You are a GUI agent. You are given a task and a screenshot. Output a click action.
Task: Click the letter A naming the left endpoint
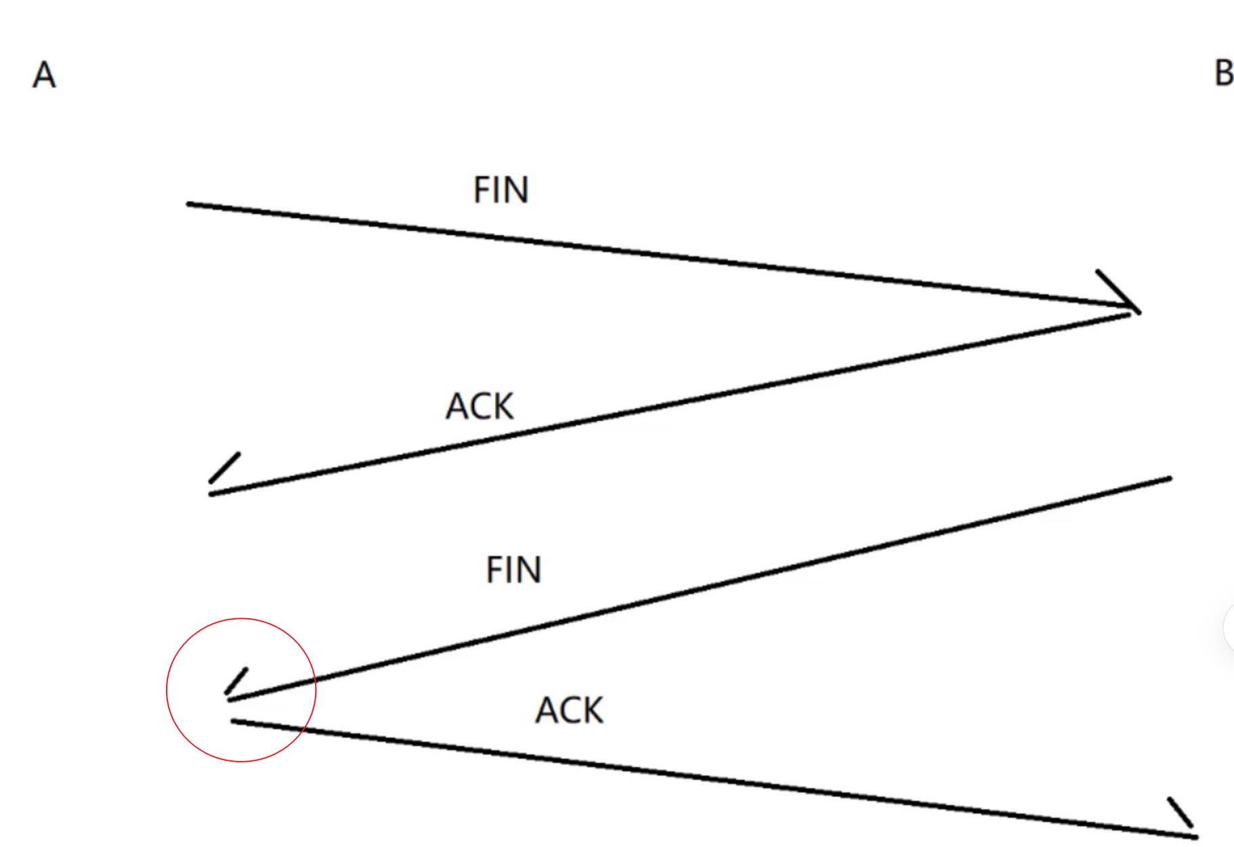coord(44,74)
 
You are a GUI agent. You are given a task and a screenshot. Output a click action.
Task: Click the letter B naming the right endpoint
coord(1223,73)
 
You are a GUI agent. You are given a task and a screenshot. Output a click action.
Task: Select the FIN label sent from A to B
coord(501,190)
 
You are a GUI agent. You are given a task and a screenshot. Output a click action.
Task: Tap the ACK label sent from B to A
coord(480,406)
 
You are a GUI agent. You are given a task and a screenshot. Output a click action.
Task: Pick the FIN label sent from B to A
coord(513,569)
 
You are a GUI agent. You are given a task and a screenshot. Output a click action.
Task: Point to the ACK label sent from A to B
coord(569,710)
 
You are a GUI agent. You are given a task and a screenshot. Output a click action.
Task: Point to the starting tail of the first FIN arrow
coord(190,204)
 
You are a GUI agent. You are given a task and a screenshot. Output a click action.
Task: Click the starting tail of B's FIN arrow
coord(1169,479)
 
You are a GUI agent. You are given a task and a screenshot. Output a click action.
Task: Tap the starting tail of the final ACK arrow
coord(234,722)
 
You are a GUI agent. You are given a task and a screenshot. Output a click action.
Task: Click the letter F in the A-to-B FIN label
coord(480,190)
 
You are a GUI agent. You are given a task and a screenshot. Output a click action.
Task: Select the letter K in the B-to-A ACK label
coord(502,406)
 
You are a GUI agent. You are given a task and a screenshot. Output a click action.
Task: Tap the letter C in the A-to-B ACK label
coord(570,710)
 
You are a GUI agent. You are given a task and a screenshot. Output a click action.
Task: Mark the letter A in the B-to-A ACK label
coord(457,406)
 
